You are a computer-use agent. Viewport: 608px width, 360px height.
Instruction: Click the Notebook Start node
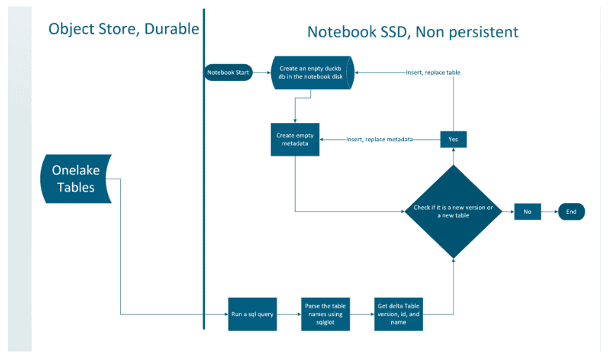click(228, 72)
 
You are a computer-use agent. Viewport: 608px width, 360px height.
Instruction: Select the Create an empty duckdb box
click(311, 73)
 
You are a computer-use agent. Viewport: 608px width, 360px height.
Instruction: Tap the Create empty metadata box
click(295, 140)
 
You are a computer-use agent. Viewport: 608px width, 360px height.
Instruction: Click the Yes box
click(453, 140)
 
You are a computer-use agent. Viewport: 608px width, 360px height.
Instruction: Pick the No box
click(527, 211)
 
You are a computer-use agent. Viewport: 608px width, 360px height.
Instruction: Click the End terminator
click(571, 211)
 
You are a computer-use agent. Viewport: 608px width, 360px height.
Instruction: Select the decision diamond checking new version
click(453, 211)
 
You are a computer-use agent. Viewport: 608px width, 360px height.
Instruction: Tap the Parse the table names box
click(323, 313)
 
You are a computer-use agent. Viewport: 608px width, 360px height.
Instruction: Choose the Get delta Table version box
click(398, 313)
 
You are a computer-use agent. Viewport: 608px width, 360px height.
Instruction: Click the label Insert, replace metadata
click(379, 140)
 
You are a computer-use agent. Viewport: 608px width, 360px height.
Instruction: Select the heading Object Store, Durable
click(124, 29)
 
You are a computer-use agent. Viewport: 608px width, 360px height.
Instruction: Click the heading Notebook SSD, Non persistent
click(412, 32)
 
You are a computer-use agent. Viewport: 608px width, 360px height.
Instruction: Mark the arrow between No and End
click(549, 211)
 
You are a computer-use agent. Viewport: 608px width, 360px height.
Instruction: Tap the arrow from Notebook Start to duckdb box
click(262, 72)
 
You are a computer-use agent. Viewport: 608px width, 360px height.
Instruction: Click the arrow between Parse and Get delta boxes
click(361, 313)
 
